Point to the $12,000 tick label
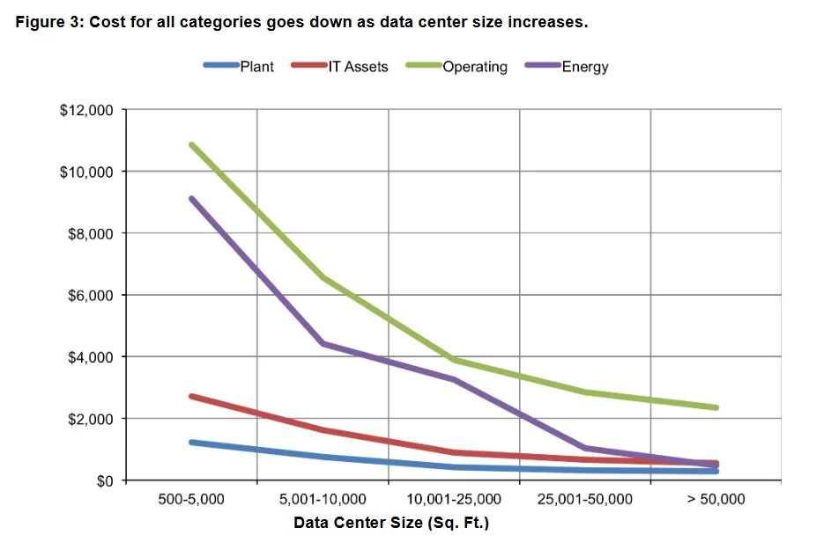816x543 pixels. pyautogui.click(x=87, y=110)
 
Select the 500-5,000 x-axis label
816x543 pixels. pyautogui.click(x=190, y=499)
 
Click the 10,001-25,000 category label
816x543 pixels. pyautogui.click(x=454, y=499)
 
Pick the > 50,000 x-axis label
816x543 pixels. pyautogui.click(x=716, y=499)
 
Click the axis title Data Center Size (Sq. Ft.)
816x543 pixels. pyautogui.click(x=390, y=524)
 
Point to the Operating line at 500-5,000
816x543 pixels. pyautogui.click(x=191, y=144)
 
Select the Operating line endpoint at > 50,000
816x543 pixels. pyautogui.click(x=716, y=407)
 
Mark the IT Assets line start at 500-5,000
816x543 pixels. pyautogui.click(x=191, y=396)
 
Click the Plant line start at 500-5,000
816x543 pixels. pyautogui.click(x=191, y=442)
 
